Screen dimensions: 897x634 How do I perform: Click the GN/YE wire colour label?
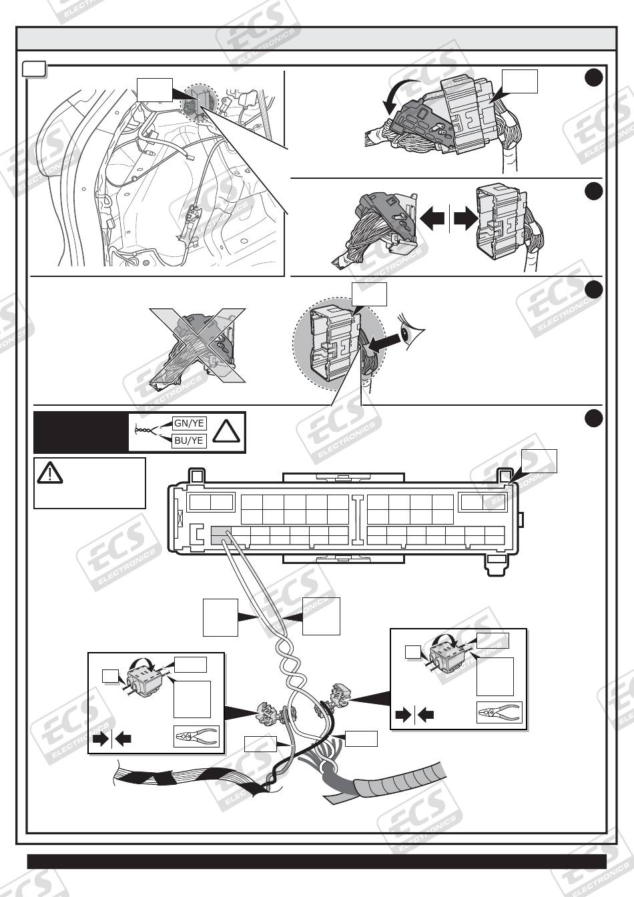189,422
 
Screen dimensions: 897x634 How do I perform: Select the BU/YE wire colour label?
189,440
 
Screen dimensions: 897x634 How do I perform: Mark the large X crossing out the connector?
198,345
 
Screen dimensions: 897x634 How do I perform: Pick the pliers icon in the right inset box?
499,713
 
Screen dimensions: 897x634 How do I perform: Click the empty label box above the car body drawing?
155,88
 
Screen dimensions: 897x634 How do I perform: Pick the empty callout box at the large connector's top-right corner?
538,461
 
